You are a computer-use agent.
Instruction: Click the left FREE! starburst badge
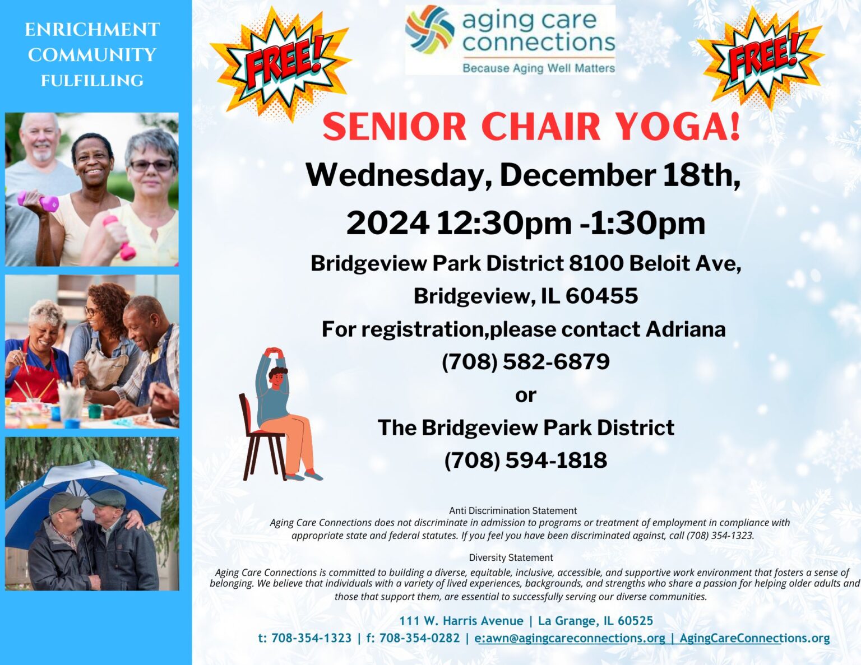tap(280, 63)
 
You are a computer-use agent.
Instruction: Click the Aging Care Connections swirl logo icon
tap(430, 29)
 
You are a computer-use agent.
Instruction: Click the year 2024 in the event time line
tap(387, 223)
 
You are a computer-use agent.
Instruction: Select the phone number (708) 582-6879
tap(525, 362)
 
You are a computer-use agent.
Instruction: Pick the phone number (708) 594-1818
tap(525, 461)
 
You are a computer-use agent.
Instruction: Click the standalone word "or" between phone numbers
tap(525, 396)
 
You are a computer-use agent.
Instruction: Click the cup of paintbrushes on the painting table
tap(71, 401)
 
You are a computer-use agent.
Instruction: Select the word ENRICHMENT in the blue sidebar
tap(92, 30)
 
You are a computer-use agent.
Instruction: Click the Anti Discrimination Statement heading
tap(512, 511)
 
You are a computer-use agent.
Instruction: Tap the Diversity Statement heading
tap(511, 558)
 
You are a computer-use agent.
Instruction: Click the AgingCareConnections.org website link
tap(754, 638)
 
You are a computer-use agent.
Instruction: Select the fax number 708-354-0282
tap(419, 638)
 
